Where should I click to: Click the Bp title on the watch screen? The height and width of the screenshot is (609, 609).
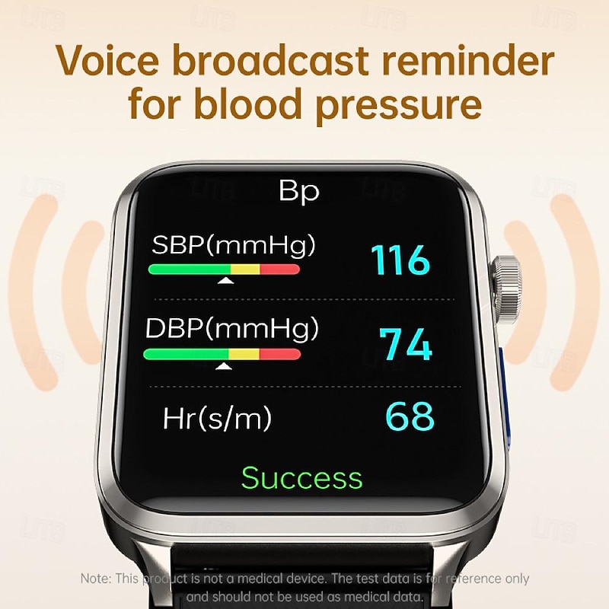(x=299, y=191)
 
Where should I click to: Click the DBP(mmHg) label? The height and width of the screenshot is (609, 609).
(x=232, y=329)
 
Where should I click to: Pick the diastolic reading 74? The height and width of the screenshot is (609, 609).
(x=407, y=344)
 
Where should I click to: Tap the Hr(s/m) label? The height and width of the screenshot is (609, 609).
(x=217, y=418)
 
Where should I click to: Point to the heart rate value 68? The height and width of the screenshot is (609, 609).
(x=410, y=416)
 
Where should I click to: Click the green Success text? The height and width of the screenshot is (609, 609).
(x=302, y=478)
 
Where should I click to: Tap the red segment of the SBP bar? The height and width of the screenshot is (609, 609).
(x=280, y=269)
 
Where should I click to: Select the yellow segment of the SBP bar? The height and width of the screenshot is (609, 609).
(x=245, y=269)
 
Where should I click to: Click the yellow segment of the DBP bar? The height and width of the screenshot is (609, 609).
(x=244, y=354)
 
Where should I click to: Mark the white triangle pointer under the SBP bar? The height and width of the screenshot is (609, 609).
(x=225, y=281)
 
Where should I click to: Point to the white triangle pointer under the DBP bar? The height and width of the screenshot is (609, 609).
(x=224, y=367)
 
